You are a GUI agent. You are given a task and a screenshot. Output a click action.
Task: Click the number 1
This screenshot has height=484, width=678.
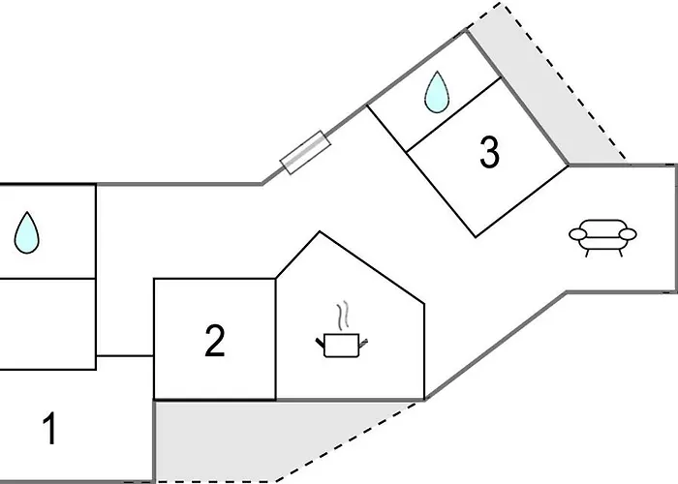pyautogui.click(x=50, y=428)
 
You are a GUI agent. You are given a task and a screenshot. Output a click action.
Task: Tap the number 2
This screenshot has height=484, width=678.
pyautogui.click(x=214, y=341)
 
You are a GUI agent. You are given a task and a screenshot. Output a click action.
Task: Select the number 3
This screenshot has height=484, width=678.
pyautogui.click(x=489, y=152)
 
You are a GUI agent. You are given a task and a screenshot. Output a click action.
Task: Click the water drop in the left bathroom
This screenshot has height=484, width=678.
pyautogui.click(x=27, y=232)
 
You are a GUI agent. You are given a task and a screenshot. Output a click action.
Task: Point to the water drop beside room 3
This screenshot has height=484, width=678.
pyautogui.click(x=437, y=92)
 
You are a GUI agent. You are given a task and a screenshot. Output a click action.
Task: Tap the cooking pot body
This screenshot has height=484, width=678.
pyautogui.click(x=341, y=346)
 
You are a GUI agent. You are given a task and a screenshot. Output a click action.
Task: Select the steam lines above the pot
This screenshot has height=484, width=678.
pyautogui.click(x=342, y=316)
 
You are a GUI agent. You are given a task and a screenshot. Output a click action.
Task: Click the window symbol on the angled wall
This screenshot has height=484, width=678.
pyautogui.click(x=306, y=153)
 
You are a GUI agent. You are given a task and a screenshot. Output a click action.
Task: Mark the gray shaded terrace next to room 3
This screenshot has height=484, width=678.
pyautogui.click(x=547, y=86)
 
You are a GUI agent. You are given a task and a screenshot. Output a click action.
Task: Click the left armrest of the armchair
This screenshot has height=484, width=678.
pyautogui.click(x=577, y=234)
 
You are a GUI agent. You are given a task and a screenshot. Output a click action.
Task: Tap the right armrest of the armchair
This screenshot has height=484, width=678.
pyautogui.click(x=628, y=234)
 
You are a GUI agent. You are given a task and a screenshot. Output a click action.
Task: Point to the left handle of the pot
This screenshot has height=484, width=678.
pyautogui.click(x=320, y=342)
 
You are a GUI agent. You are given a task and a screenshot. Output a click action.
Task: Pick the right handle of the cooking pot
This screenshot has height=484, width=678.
pyautogui.click(x=363, y=343)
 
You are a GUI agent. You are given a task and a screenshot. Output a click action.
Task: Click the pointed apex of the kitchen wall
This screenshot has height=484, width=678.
pyautogui.click(x=320, y=231)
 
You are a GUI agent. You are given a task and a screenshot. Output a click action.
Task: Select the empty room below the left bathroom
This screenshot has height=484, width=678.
pyautogui.click(x=47, y=324)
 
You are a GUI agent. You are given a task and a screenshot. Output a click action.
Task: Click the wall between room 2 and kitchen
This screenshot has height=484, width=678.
pyautogui.click(x=276, y=339)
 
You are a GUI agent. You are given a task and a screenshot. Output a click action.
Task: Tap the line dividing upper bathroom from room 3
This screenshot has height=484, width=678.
pyautogui.click(x=454, y=114)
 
